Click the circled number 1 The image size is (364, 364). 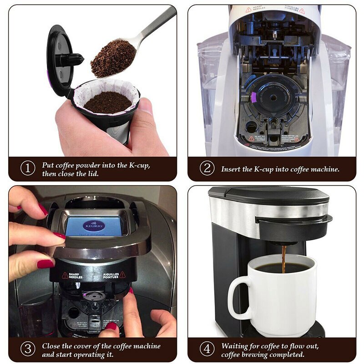27,168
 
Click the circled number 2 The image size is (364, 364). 207,168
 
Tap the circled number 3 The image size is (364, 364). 27,349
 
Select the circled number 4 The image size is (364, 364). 207,349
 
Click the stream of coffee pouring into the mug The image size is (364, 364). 284,258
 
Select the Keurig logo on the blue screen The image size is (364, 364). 94,226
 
